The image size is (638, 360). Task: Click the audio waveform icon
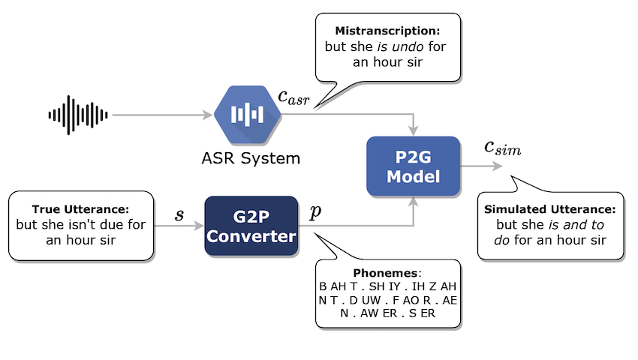coord(78,115)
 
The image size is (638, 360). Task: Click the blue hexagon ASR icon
coord(248,115)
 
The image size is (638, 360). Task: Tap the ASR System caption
coord(251,158)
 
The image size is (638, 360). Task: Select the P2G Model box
coord(414,166)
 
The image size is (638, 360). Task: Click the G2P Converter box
coord(251,226)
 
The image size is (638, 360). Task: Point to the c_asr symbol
coord(293,97)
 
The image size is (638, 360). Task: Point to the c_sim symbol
coord(502,148)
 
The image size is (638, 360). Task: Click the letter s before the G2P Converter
coord(179,214)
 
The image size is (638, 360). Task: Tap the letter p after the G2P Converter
coord(315,212)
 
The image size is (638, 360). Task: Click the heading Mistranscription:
coord(387,31)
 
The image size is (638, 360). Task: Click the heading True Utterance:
coord(80,209)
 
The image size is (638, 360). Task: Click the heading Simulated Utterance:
coord(549,209)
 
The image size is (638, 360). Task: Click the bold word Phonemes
coord(385,273)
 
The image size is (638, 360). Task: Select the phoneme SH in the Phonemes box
coord(377,286)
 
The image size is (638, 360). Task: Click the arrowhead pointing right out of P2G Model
coord(498,166)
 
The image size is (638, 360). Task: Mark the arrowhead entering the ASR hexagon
coord(207,115)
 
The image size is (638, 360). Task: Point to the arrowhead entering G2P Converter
coord(199,226)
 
